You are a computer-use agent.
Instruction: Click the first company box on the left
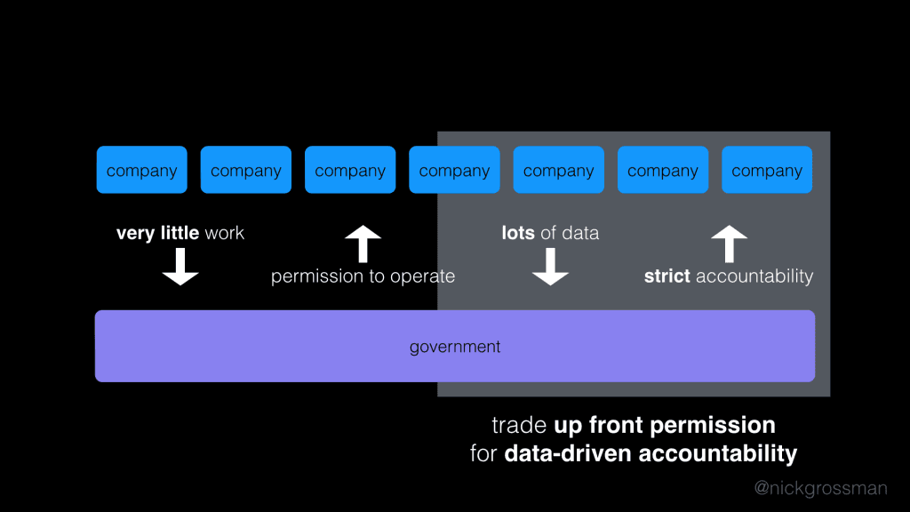141,170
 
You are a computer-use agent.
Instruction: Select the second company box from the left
246,170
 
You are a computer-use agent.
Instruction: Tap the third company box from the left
350,170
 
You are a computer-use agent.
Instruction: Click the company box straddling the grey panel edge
454,170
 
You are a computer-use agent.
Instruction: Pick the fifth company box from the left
558,170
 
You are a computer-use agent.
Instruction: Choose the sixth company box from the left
663,170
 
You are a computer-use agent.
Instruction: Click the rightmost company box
767,170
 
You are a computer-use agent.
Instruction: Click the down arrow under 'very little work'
180,267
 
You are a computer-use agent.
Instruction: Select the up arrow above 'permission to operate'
363,244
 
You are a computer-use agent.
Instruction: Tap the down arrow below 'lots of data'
550,267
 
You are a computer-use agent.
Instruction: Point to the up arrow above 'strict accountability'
730,244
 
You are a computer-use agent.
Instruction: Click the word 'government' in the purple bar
455,347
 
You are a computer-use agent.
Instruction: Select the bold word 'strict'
667,276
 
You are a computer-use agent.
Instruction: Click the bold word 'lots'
518,233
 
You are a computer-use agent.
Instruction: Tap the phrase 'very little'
158,233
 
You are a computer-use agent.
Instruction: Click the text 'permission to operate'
363,276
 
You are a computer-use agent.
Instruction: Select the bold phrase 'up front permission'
665,425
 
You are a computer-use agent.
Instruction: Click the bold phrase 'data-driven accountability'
651,453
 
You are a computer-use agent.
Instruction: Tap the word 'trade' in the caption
519,425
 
